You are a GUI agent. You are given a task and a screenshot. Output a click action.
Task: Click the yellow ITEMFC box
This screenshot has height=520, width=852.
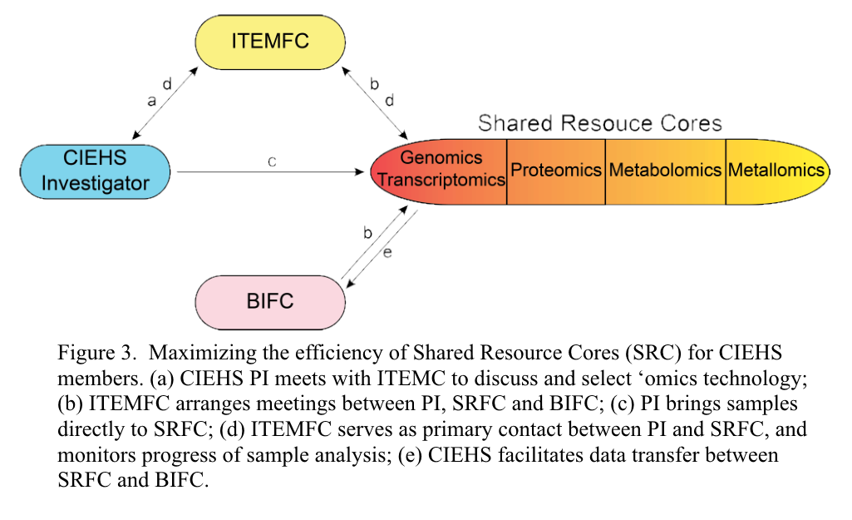click(x=270, y=42)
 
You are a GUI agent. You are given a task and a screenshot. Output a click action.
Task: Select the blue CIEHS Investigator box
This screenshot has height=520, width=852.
click(x=95, y=171)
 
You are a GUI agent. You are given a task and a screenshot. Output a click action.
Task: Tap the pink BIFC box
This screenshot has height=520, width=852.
click(x=270, y=300)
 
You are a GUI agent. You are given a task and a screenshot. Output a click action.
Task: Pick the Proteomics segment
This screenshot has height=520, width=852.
click(x=556, y=170)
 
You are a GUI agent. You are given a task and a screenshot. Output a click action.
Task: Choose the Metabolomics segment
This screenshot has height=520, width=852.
click(x=665, y=170)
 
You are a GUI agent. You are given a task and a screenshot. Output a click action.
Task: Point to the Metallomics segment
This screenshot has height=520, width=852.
click(x=776, y=170)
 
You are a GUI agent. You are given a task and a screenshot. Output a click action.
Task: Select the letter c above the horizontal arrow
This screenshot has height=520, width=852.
click(x=272, y=162)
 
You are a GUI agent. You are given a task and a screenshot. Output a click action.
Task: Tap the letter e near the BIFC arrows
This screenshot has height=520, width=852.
click(x=387, y=251)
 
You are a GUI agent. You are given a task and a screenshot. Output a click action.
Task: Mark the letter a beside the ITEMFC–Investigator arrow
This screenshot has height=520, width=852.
click(x=151, y=101)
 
